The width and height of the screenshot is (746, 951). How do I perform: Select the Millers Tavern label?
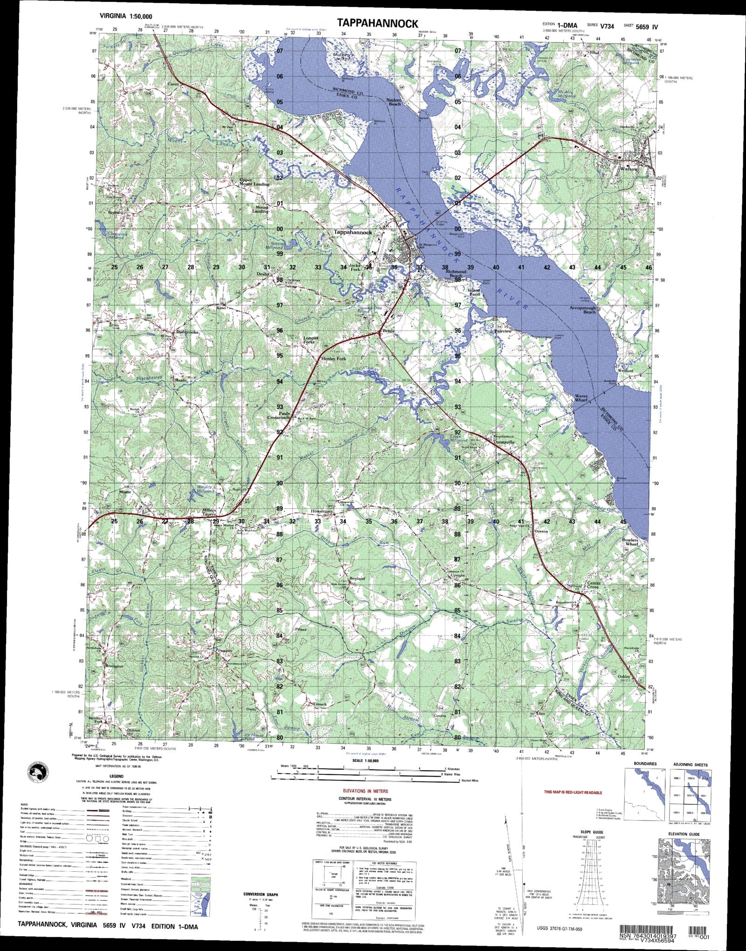209,512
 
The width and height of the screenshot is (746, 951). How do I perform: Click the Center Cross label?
594,585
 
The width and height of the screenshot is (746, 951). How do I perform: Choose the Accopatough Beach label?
582,310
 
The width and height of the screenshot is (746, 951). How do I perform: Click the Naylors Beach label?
394,102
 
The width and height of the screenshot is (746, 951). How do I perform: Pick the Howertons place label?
322,511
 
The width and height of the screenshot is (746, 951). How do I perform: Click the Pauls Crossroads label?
278,415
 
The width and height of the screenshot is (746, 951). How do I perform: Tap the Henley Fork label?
334,359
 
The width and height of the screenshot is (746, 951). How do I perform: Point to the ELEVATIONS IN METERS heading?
365,791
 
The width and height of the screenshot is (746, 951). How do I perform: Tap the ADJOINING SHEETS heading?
690,765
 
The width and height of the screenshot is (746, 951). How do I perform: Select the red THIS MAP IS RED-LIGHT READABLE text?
573,792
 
